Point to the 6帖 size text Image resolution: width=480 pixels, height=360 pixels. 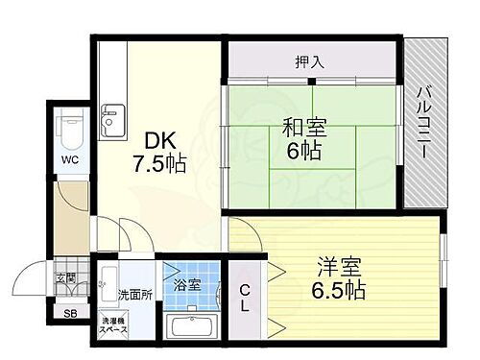click(303, 152)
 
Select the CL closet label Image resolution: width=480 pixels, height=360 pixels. click(245, 296)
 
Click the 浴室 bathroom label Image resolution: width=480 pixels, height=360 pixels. click(187, 284)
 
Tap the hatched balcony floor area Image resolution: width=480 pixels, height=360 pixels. click(423, 173)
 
